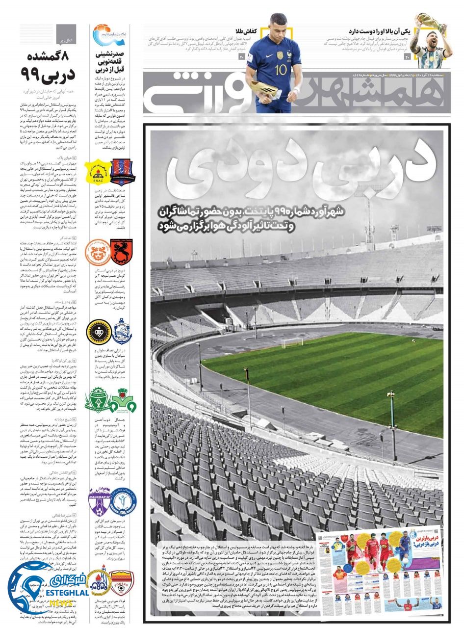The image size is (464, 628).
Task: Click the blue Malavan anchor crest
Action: point(122,331)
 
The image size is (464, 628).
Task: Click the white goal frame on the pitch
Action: point(292,342)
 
